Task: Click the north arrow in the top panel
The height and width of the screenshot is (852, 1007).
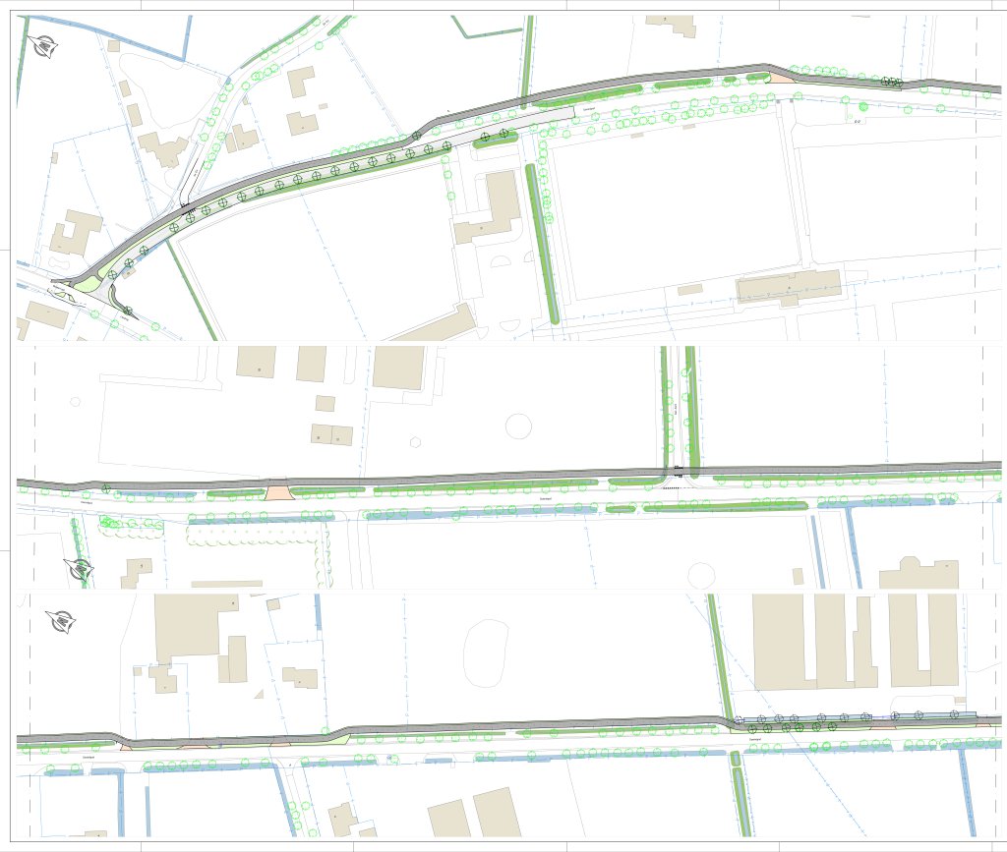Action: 45,44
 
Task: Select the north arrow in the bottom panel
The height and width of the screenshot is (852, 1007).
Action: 64,621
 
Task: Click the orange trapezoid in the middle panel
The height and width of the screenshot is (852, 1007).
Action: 277,488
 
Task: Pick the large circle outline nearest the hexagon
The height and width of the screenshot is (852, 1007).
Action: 517,426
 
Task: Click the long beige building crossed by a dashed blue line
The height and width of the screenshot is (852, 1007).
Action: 789,286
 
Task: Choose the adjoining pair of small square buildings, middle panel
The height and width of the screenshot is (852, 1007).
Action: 331,434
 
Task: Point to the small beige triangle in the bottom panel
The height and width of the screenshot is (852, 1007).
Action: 258,695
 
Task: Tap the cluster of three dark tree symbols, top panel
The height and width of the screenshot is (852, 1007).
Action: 891,83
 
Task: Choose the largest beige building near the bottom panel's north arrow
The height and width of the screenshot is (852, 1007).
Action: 190,627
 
